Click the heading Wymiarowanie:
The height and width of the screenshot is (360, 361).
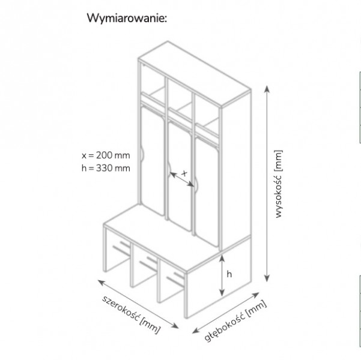[x=127, y=18]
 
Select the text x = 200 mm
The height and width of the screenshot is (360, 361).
[x=106, y=155]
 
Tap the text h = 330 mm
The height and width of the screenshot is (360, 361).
[x=106, y=168]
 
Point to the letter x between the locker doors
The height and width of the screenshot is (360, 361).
[x=184, y=173]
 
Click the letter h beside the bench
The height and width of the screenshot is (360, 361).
[x=229, y=274]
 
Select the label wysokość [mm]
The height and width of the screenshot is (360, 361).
[x=278, y=184]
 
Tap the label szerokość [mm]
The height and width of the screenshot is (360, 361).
[x=131, y=314]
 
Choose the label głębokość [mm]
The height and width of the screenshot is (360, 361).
[x=235, y=322]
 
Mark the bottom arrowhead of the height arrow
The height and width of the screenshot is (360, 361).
[x=267, y=279]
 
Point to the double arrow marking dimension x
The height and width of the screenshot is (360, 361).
[x=182, y=179]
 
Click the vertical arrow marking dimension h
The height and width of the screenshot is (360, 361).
[x=222, y=275]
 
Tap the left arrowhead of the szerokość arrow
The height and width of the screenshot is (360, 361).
[x=100, y=281]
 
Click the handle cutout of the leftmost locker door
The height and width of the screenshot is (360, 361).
[x=141, y=154]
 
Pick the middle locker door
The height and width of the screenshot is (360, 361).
[x=180, y=176]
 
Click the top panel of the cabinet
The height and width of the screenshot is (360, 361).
[x=195, y=74]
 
